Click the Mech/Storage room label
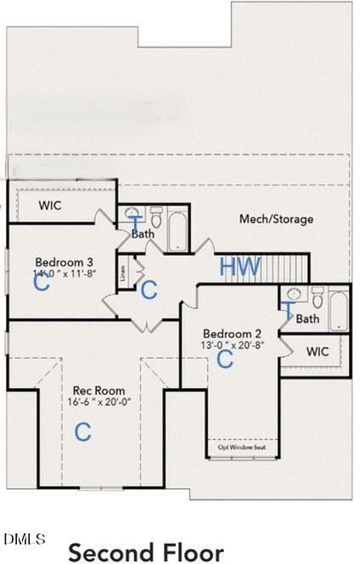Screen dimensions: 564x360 tap(275, 219)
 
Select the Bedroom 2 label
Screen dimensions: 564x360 tap(228, 332)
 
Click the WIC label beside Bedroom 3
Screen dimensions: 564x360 tap(50, 206)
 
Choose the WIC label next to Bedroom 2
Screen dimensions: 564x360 tap(317, 351)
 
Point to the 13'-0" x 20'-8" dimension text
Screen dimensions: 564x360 tap(228, 345)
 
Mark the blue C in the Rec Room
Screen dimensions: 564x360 tap(82, 432)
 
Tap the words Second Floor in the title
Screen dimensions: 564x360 tap(145, 552)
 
